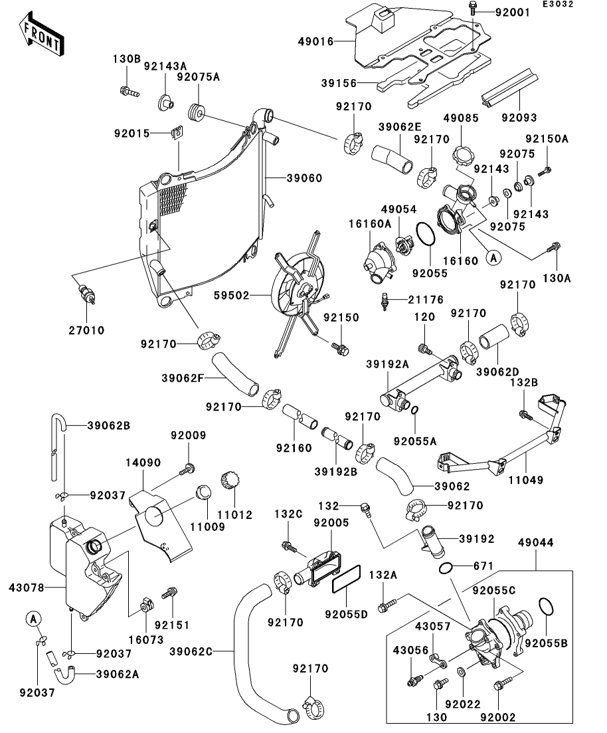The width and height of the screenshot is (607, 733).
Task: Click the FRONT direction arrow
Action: click(x=41, y=35)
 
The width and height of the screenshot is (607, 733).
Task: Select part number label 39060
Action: click(x=304, y=178)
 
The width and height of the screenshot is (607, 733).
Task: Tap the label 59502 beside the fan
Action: click(x=231, y=296)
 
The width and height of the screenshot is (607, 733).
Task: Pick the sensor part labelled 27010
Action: click(x=88, y=294)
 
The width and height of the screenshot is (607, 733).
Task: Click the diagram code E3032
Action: click(x=558, y=4)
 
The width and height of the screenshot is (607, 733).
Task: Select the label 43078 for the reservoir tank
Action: click(x=27, y=587)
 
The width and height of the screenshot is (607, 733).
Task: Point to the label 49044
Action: click(x=535, y=543)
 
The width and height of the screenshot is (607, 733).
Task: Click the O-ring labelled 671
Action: click(x=446, y=568)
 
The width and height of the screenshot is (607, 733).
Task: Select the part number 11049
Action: click(x=526, y=480)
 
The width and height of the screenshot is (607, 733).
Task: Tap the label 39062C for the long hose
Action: click(x=191, y=651)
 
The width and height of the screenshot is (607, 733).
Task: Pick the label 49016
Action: click(x=316, y=42)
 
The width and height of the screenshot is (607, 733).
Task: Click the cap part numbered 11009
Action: click(x=203, y=492)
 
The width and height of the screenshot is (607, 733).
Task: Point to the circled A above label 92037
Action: click(x=33, y=619)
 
